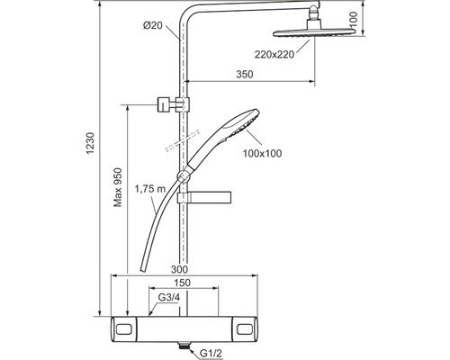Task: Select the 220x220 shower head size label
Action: [274, 54]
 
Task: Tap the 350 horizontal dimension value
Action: [245, 74]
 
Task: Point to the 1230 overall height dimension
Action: [91, 143]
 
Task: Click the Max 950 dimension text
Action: [118, 187]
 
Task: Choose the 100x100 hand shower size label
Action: [262, 153]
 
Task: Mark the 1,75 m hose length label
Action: [150, 189]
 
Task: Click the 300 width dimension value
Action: [179, 269]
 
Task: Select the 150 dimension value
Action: [183, 283]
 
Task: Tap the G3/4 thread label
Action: [169, 298]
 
